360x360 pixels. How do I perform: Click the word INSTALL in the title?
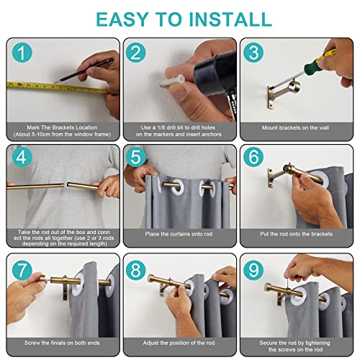click(x=230, y=19)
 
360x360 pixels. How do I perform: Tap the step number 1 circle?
click(x=22, y=53)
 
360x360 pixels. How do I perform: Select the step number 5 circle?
click(x=136, y=157)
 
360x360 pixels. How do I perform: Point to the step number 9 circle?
click(x=253, y=270)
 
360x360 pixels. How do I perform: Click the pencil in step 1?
click(x=84, y=70)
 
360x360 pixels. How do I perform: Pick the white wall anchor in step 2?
click(x=172, y=81)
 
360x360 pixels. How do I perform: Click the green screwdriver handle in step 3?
click(x=319, y=60)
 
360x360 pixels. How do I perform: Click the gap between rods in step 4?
click(x=66, y=185)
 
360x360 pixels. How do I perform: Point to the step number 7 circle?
click(x=22, y=270)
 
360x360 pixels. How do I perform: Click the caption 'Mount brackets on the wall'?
click(x=295, y=127)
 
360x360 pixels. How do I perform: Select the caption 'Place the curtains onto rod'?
click(x=179, y=234)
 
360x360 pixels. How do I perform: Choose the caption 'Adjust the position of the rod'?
click(x=179, y=343)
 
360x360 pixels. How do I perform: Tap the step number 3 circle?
click(x=253, y=53)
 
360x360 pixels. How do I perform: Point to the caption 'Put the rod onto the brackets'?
click(x=296, y=234)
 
